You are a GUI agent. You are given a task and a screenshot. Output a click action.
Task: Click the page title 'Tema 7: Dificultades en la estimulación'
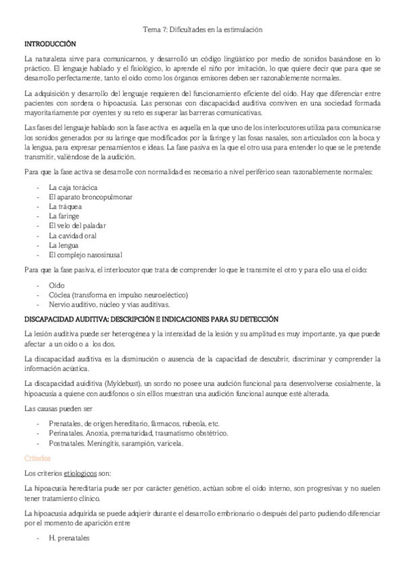[x=203, y=30]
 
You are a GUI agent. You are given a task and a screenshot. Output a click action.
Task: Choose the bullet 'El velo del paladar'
[x=78, y=225]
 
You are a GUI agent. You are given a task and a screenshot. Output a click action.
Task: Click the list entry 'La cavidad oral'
[x=72, y=235]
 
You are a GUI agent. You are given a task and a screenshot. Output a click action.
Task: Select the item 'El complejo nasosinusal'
[x=85, y=255]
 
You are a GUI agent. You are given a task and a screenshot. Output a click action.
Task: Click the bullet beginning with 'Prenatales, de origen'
[x=133, y=422]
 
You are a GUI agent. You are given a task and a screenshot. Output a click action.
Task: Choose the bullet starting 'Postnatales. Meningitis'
[x=116, y=442]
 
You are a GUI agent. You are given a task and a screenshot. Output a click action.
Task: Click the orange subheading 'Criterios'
[x=38, y=457]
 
